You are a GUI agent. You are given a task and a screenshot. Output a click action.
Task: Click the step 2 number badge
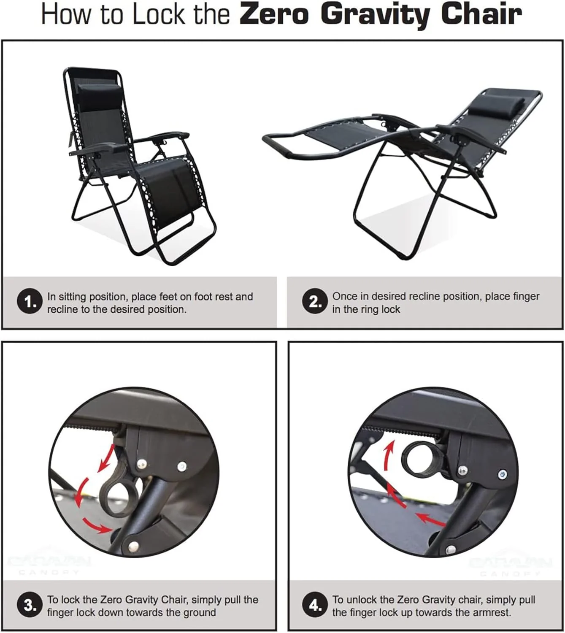pyautogui.click(x=315, y=302)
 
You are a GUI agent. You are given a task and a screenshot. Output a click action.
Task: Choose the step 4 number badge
pyautogui.click(x=315, y=606)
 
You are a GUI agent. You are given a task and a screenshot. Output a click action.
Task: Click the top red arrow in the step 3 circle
pyautogui.click(x=106, y=457)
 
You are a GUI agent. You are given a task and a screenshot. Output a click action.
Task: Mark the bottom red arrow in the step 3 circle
pyautogui.click(x=97, y=525)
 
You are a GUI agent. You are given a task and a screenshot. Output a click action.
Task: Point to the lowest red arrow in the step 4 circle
pyautogui.click(x=430, y=520)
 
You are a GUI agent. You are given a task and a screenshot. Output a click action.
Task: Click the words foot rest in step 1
pyautogui.click(x=214, y=297)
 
